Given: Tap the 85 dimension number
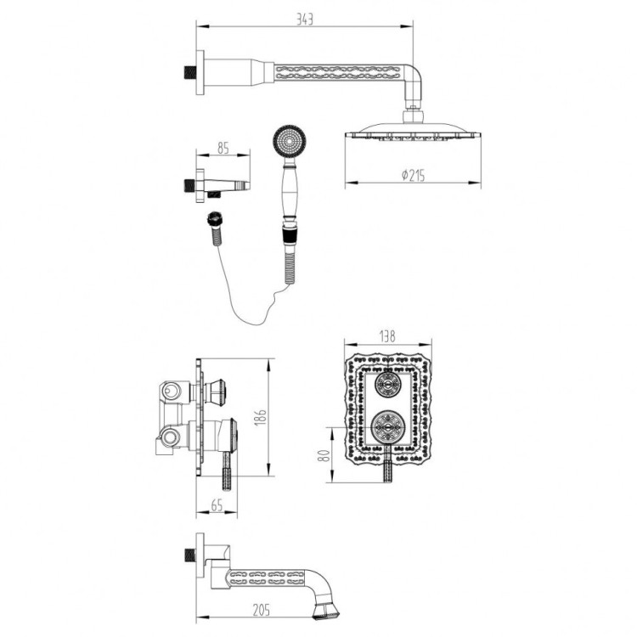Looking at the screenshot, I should coord(223,148).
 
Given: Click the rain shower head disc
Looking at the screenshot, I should coord(413,132).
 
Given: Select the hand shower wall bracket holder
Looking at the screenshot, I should coord(221,184).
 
